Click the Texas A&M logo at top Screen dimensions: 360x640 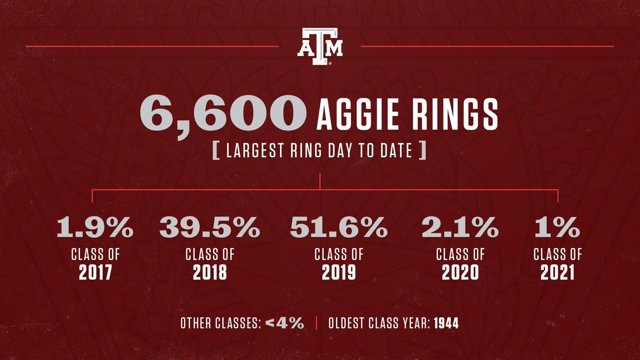click(319, 46)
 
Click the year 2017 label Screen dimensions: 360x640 click(95, 273)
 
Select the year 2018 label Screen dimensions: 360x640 click(210, 273)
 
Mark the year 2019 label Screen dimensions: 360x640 click(339, 273)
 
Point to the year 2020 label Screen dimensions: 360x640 click(460, 273)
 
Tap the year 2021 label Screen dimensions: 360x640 click(557, 273)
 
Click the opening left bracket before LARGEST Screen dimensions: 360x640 click(216, 151)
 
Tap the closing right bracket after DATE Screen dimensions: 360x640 click(422, 151)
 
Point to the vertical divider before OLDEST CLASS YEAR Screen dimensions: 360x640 click(316, 323)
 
